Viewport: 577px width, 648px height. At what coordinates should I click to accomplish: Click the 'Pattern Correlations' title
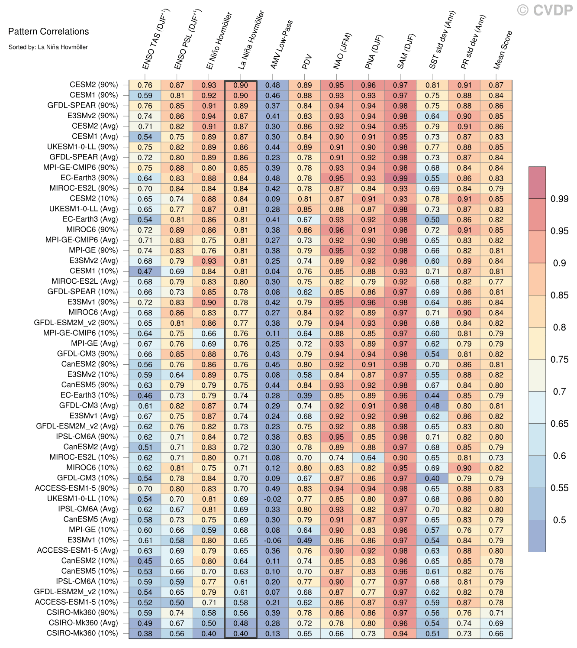coord(48,31)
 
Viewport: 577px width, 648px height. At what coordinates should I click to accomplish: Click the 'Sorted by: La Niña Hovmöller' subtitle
coord(48,47)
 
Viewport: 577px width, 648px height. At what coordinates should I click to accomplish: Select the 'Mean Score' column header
coord(503,50)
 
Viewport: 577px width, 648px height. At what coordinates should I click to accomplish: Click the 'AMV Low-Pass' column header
coord(281,45)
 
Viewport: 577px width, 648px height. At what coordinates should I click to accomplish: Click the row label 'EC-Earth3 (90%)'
coord(89,178)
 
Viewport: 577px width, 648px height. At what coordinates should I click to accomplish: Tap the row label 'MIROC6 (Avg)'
coord(93,312)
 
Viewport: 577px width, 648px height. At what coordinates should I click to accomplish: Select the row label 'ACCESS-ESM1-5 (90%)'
coord(76,488)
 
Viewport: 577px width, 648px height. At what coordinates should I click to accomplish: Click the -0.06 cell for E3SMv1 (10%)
coord(273,541)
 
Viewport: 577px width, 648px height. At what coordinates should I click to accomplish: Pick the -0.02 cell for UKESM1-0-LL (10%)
coord(273,499)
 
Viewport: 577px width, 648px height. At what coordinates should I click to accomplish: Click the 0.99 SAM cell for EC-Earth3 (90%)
coord(400,178)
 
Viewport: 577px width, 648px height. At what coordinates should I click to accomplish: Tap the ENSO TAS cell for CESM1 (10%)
coord(145,271)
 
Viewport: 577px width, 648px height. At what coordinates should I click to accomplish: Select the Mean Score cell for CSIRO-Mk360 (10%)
coord(496,633)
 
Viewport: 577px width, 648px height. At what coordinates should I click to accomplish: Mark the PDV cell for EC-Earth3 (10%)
coord(305,395)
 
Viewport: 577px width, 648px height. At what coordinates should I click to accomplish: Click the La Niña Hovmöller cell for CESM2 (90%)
coord(241,85)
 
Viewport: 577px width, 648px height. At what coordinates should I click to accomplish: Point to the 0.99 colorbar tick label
coord(559,199)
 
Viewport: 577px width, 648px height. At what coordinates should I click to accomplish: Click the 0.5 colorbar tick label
coord(559,520)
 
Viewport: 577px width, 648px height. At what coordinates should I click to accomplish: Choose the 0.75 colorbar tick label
coord(559,360)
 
